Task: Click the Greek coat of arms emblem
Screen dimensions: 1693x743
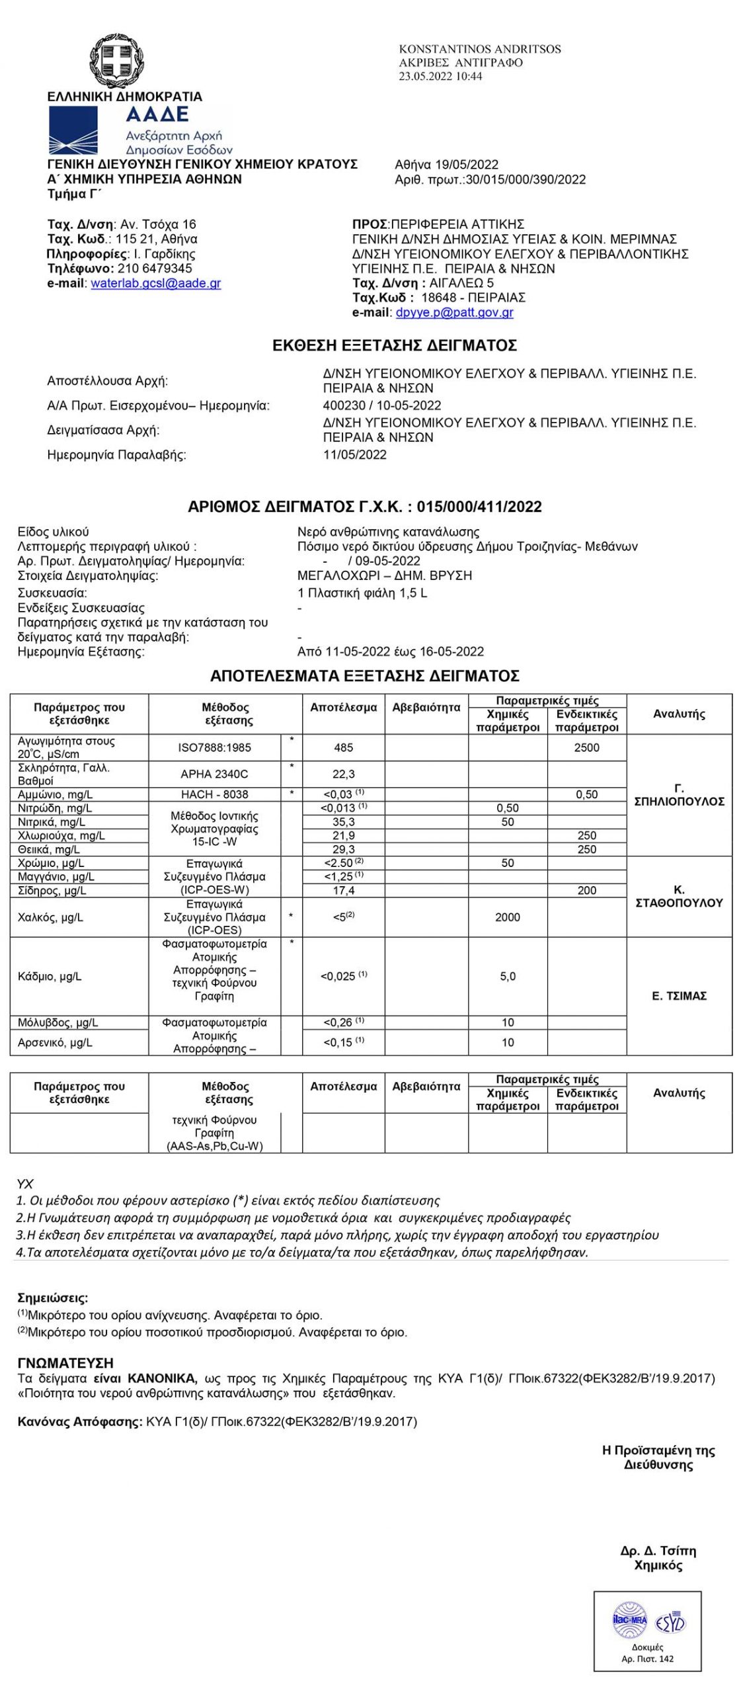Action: tap(124, 62)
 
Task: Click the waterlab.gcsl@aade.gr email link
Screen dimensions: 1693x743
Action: tap(155, 283)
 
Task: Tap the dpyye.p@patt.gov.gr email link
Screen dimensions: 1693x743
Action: tap(454, 312)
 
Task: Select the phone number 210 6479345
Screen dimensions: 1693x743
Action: tap(155, 268)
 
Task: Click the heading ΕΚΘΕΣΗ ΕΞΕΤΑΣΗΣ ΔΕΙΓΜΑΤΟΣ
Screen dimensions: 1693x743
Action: tap(395, 345)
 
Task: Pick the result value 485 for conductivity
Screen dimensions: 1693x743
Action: tap(343, 747)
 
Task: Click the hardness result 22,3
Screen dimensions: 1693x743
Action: tap(343, 774)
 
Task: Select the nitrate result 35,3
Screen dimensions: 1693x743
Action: tap(343, 822)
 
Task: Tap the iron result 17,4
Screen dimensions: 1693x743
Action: tap(343, 890)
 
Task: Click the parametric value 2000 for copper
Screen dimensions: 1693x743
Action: tap(508, 917)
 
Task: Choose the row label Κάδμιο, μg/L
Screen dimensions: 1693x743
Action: tap(50, 976)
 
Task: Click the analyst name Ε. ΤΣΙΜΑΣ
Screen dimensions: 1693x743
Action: tap(679, 996)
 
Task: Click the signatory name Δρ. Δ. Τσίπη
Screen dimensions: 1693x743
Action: tap(658, 1551)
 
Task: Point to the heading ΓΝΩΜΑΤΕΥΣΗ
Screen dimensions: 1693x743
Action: tap(65, 1362)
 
